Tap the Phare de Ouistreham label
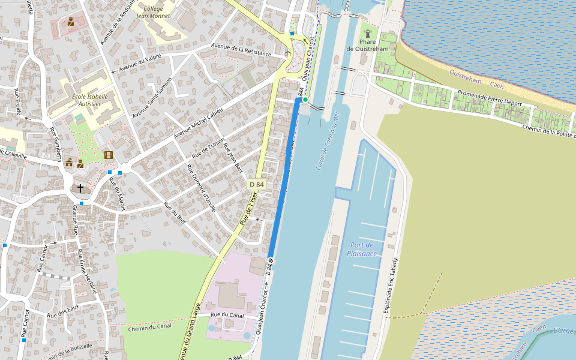pyautogui.click(x=367, y=45)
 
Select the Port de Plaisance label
pyautogui.click(x=362, y=249)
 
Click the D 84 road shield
pyautogui.click(x=256, y=184)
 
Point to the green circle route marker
pyautogui.click(x=305, y=100)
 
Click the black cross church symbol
pyautogui.click(x=80, y=188)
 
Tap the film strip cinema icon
pyautogui.click(x=108, y=155)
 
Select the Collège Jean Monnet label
pyautogui.click(x=154, y=13)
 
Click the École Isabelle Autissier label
pyautogui.click(x=89, y=100)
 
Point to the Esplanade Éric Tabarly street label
pyautogui.click(x=391, y=286)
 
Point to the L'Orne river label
pyautogui.click(x=563, y=331)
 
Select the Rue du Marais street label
pyautogui.click(x=122, y=195)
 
